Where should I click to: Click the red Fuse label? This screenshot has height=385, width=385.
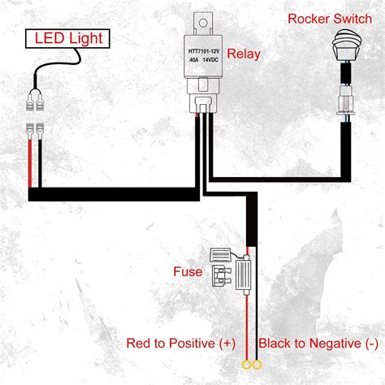coord(188,270)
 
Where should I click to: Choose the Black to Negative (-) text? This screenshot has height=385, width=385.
coord(318,343)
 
